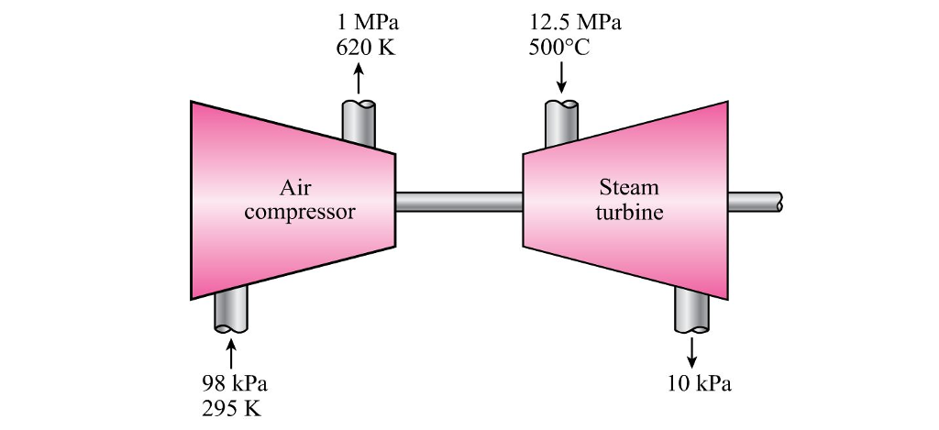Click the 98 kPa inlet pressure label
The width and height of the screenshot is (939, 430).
(x=234, y=382)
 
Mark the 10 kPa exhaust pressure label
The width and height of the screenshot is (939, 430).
(x=701, y=383)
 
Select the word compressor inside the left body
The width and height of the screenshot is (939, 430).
(x=299, y=214)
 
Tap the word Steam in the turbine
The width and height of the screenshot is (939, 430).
(x=629, y=188)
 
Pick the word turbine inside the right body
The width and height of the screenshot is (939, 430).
(x=629, y=213)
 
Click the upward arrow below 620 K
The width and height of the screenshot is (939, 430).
(x=359, y=78)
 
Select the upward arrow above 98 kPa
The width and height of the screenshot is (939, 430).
(x=231, y=353)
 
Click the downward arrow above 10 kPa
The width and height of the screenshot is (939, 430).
(x=691, y=350)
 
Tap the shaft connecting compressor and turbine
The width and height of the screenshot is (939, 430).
(x=458, y=202)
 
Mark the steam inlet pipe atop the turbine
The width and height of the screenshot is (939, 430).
(x=561, y=122)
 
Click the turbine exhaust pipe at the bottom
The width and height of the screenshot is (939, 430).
(x=691, y=310)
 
